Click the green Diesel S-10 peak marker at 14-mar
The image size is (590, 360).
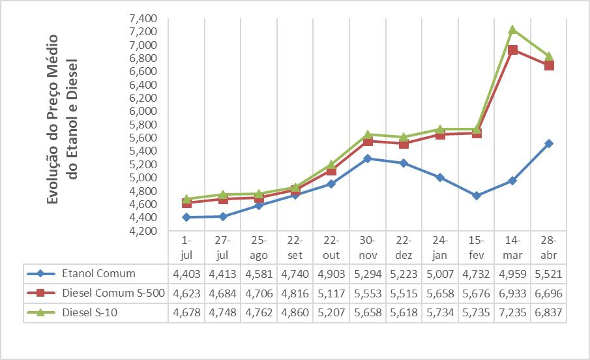point(512,29)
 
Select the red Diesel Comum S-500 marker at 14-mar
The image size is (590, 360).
point(512,50)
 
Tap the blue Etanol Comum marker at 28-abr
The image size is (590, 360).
point(549,143)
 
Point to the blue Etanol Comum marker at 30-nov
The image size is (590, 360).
point(367,158)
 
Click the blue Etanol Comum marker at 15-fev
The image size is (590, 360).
point(477,196)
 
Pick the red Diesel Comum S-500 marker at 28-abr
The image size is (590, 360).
point(549,65)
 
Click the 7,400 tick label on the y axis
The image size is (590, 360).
point(142,18)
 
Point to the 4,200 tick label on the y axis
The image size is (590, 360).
point(142,231)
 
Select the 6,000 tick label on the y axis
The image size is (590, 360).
point(142,112)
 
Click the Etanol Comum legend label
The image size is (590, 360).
point(98,273)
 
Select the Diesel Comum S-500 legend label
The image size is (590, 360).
point(115,293)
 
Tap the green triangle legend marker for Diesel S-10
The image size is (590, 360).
point(40,312)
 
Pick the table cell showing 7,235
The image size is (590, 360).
point(512,313)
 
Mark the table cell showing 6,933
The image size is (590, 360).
point(512,293)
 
